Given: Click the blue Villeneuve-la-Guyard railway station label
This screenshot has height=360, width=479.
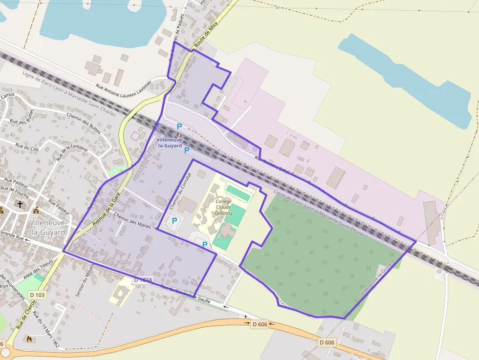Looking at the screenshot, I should tap(169, 143).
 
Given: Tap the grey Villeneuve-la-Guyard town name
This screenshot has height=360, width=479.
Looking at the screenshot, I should tap(47, 227).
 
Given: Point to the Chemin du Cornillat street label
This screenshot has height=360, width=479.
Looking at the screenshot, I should tap(179, 192).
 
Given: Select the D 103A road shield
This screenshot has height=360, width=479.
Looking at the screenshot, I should tap(144, 280).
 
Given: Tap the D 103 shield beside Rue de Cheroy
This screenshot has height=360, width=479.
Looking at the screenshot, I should tap(37, 295).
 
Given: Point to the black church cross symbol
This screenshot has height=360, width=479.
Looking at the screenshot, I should tap(20, 204).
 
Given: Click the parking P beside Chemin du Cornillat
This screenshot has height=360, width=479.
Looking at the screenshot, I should tap(174, 221).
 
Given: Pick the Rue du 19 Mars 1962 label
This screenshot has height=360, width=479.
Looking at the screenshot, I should tap(46, 330).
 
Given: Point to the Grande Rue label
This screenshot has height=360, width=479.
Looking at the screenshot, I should tap(12, 236).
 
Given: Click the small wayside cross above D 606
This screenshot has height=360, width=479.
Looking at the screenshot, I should tap(246, 317).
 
